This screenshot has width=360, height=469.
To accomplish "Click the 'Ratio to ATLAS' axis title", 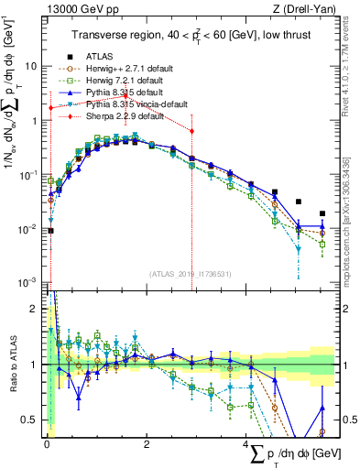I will (x=11, y=364).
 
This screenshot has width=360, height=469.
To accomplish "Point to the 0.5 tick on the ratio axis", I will (x=33, y=420).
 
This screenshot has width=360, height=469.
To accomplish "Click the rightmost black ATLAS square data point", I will (x=322, y=213).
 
